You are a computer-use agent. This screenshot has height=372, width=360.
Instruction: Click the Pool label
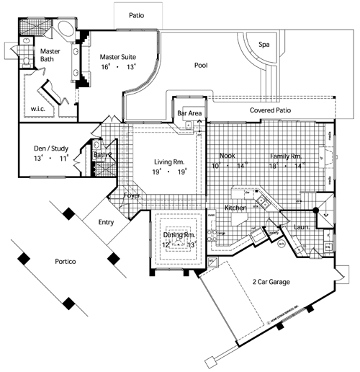tap(201, 66)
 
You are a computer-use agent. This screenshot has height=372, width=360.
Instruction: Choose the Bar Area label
tap(189, 114)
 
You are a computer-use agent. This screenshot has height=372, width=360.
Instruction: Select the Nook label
tap(228, 156)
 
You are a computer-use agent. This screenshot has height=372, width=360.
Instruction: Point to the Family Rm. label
tap(287, 156)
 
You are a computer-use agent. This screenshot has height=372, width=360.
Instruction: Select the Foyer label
tap(132, 195)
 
